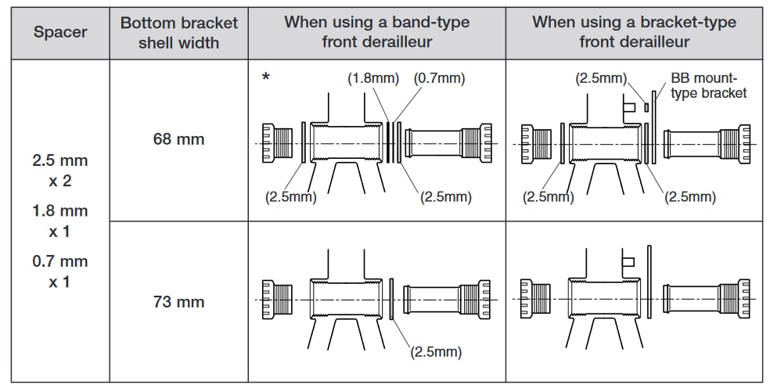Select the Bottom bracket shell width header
(x=178, y=33)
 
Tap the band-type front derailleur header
(x=376, y=33)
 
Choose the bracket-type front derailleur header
(x=634, y=33)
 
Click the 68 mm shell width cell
(x=178, y=139)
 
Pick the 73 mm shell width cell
(x=178, y=302)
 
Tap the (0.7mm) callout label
(x=438, y=78)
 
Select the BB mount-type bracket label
(x=708, y=86)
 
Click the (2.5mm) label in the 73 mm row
(x=436, y=352)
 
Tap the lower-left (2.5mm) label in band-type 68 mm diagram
(x=290, y=197)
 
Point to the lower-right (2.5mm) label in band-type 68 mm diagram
(x=445, y=197)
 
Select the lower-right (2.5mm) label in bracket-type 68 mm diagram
(x=689, y=197)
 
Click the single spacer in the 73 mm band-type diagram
(x=390, y=300)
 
